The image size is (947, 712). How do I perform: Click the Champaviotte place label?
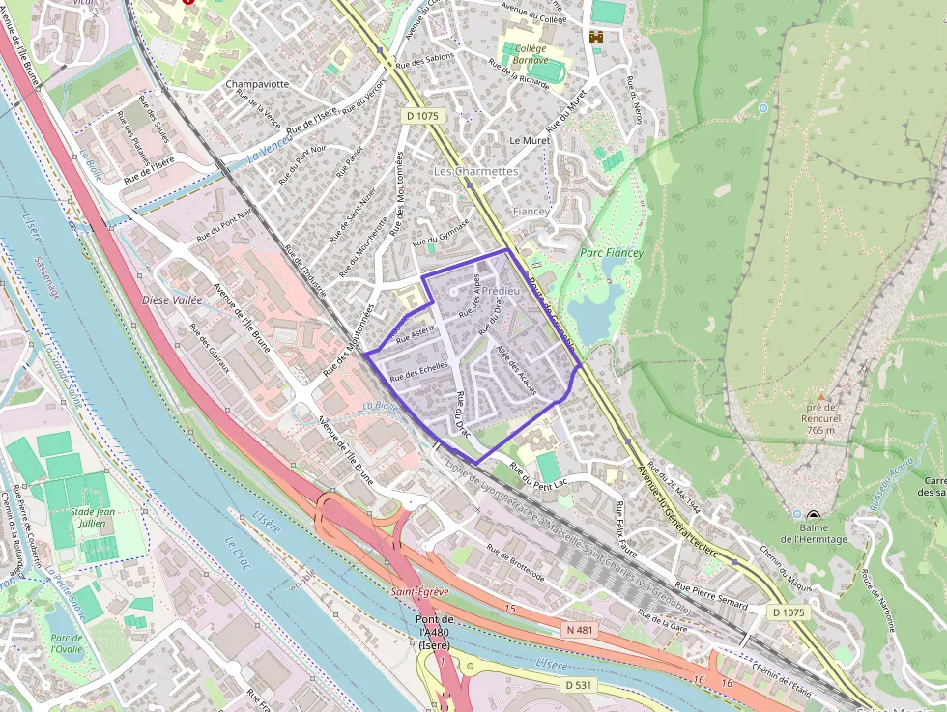(x=257, y=84)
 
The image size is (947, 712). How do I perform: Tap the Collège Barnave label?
(x=531, y=54)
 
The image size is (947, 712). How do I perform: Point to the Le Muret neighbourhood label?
(x=529, y=140)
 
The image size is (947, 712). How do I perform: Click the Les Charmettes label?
(x=475, y=171)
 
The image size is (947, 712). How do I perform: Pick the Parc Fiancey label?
(x=611, y=252)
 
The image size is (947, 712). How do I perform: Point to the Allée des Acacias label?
(x=515, y=368)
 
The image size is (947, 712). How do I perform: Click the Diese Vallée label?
(x=172, y=299)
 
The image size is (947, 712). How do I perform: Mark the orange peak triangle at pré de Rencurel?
(x=821, y=396)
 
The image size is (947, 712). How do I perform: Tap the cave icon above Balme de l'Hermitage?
(x=814, y=517)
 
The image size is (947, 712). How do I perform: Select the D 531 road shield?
(x=577, y=684)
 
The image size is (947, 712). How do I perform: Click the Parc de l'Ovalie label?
(x=66, y=643)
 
